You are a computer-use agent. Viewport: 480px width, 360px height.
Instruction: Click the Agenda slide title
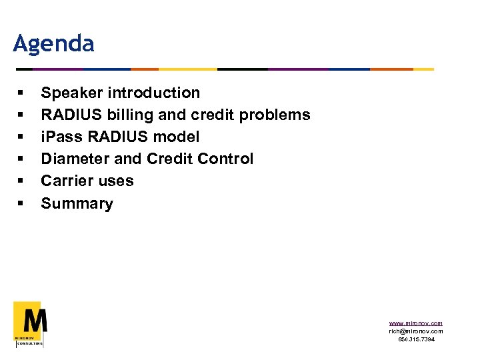53,44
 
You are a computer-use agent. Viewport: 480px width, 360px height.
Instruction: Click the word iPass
59,137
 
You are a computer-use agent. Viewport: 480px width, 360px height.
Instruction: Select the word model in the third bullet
179,137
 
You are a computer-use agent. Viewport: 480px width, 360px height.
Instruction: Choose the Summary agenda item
77,204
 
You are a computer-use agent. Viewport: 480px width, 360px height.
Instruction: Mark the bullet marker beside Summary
21,204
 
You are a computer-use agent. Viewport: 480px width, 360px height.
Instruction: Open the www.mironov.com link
416,323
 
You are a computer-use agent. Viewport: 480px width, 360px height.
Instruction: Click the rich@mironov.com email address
416,331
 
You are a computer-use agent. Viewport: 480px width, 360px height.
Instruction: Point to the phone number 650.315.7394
417,339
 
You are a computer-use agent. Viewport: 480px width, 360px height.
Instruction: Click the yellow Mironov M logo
30,323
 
